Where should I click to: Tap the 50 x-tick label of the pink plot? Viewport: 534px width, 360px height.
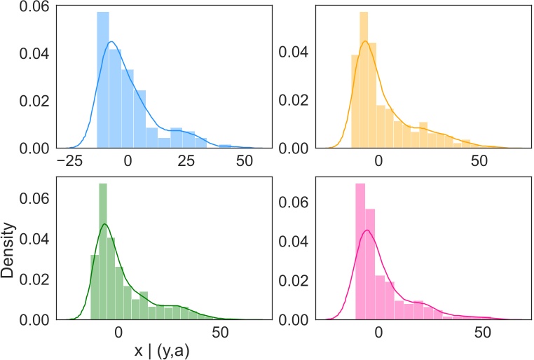(x=480, y=333)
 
